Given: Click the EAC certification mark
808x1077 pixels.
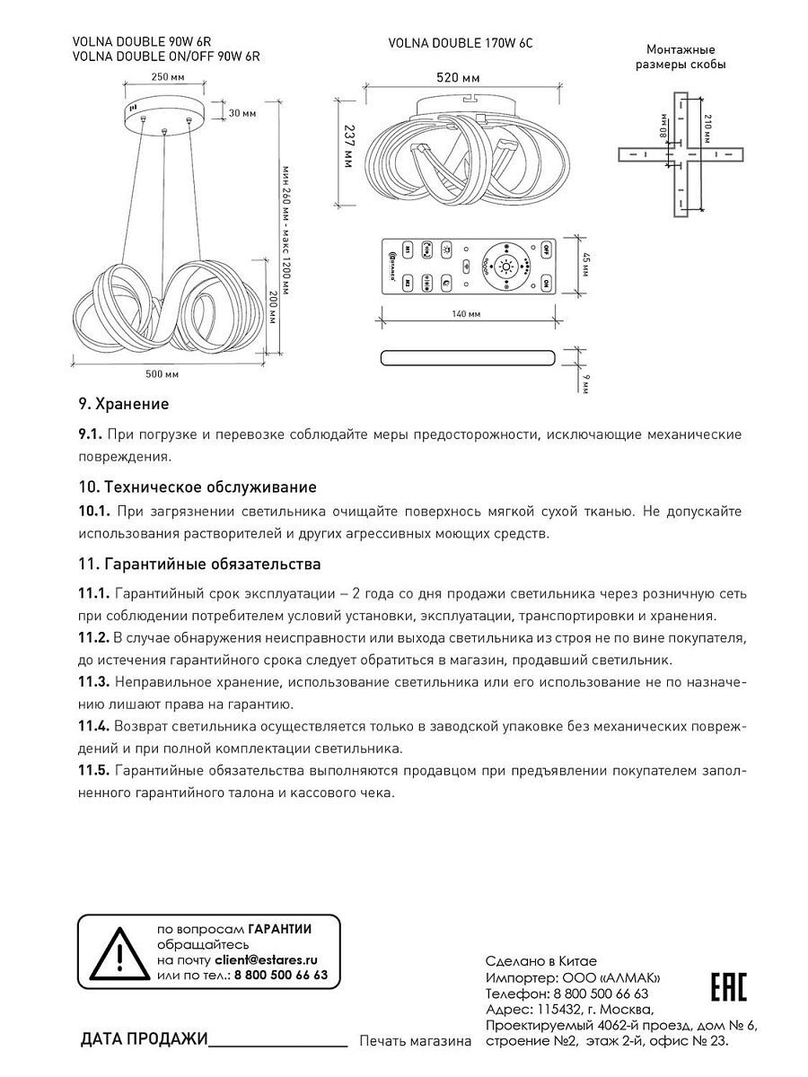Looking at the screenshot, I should [729, 986].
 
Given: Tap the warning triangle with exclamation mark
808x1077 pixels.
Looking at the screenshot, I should [115, 953].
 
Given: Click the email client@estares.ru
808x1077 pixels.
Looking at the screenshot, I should [266, 959].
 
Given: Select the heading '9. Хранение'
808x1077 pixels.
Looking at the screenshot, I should [124, 404].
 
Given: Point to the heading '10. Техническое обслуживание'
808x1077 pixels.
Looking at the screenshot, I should [198, 487].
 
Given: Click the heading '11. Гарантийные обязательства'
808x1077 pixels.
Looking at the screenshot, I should [199, 565].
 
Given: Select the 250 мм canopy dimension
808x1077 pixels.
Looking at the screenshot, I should [162, 77].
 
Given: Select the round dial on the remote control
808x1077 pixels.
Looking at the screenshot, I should [506, 267].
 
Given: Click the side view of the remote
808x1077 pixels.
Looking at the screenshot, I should [469, 357].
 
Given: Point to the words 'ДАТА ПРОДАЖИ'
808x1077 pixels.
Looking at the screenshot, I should [144, 1039].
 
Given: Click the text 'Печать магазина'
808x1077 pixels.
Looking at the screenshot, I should [415, 1041].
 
